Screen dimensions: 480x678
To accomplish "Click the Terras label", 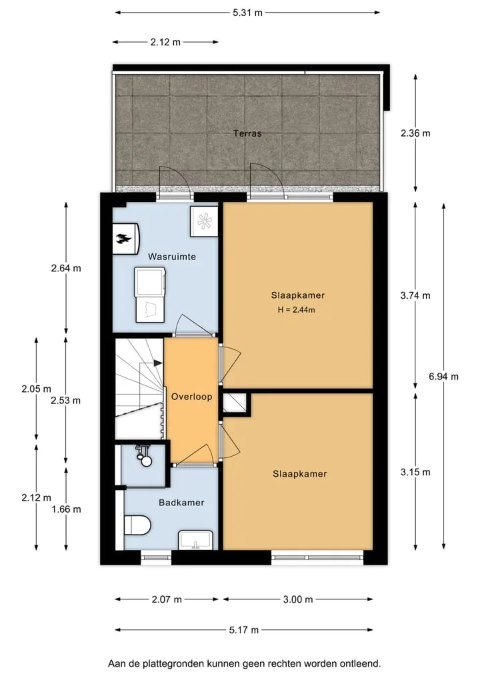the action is [247, 133].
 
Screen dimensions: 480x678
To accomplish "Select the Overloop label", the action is [191, 397].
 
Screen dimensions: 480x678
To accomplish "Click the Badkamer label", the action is [181, 503].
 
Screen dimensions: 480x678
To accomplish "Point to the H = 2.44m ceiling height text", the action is [296, 309].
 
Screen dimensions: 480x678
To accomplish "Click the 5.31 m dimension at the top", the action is [247, 13].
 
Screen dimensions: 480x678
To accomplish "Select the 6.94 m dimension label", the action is [443, 377].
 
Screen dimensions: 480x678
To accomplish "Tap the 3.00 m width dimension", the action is [298, 599].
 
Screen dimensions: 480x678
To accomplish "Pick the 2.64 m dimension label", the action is [66, 268].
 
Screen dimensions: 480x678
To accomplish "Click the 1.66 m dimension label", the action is [66, 509].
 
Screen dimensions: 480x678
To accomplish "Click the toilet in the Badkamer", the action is [137, 525].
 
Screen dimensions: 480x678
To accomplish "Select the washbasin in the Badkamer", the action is [196, 540].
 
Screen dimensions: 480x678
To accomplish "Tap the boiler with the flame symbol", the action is [126, 238].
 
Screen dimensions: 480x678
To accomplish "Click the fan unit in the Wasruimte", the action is [205, 221].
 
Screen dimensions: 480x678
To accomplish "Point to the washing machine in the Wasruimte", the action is [150, 281].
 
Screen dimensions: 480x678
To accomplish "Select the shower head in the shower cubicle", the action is [144, 456].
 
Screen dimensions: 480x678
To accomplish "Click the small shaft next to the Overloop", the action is [235, 403].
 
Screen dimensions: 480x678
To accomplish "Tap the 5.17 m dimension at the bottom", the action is [244, 630].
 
